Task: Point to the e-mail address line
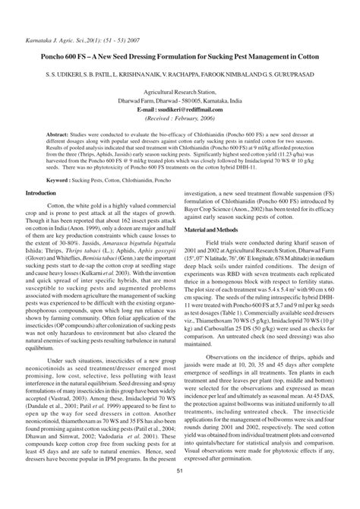click(x=180, y=109)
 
